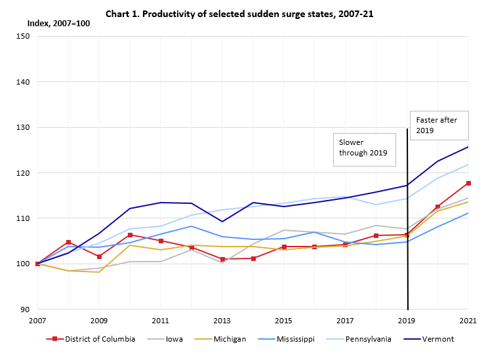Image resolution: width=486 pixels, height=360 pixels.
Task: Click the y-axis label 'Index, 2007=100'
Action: point(58,24)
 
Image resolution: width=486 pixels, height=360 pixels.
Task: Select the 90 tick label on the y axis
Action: point(25,310)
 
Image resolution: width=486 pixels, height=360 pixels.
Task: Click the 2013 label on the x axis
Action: point(222,321)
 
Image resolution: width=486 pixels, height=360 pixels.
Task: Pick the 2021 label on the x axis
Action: point(468,321)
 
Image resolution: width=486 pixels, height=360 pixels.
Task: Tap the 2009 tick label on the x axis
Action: point(99,321)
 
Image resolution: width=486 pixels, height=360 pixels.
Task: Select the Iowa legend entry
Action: point(169,339)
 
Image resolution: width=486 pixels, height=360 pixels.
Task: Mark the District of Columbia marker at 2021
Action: point(468,183)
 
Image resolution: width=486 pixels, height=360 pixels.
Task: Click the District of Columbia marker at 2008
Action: point(68,243)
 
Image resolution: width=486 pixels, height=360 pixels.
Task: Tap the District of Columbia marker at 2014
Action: point(253,258)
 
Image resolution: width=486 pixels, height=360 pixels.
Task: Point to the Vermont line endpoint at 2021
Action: point(468,147)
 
